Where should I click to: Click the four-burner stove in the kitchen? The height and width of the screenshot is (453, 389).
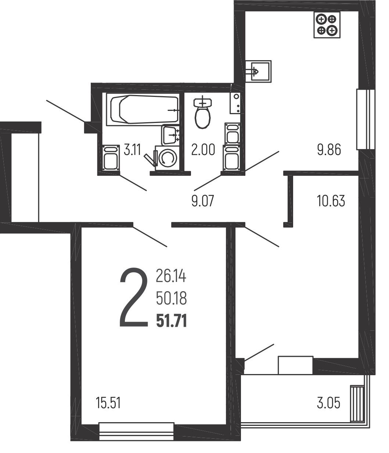[x=327, y=25]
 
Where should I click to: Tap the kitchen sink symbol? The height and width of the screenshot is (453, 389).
[x=258, y=72]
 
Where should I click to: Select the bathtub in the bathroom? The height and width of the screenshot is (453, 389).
[x=143, y=109]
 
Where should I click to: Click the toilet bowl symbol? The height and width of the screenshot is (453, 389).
[x=203, y=112]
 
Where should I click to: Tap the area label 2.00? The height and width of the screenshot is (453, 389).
[x=203, y=150]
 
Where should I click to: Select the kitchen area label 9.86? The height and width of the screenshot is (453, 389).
[x=329, y=150]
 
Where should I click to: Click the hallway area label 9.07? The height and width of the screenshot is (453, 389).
[x=202, y=201]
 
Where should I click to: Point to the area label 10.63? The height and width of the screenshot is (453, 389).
[x=331, y=201]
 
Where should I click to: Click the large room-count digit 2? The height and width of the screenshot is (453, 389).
[x=134, y=297]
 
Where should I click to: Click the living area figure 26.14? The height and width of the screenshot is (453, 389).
[x=171, y=276]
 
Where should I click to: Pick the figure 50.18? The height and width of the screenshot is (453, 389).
[x=172, y=298]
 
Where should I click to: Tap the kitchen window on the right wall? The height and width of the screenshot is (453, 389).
[x=365, y=119]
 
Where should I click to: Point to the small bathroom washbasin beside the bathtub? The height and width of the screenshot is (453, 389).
[x=170, y=135]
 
